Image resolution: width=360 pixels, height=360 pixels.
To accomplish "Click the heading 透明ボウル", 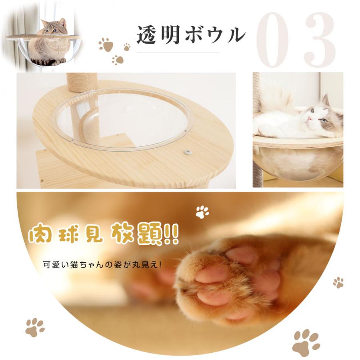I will pyautogui.click(x=190, y=35).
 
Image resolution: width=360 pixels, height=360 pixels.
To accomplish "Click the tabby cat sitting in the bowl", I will pyautogui.click(x=49, y=44).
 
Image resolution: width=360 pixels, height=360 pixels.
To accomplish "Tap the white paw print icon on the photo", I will pyautogui.click(x=202, y=212).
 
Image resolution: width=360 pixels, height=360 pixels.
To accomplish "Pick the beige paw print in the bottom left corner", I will pyautogui.click(x=35, y=327).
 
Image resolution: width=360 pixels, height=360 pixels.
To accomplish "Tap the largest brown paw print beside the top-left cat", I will pyautogui.click(x=106, y=44).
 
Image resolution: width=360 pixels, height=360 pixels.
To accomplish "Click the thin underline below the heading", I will pyautogui.click(x=178, y=52).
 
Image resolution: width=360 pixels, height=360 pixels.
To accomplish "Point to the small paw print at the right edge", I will pyautogui.click(x=338, y=282).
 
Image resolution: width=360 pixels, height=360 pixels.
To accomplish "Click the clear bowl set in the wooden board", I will pyautogui.click(x=122, y=118).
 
